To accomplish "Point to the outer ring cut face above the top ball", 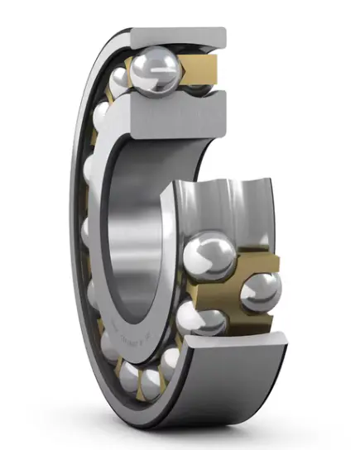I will click(178, 38).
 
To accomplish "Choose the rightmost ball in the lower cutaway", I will click(260, 290).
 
